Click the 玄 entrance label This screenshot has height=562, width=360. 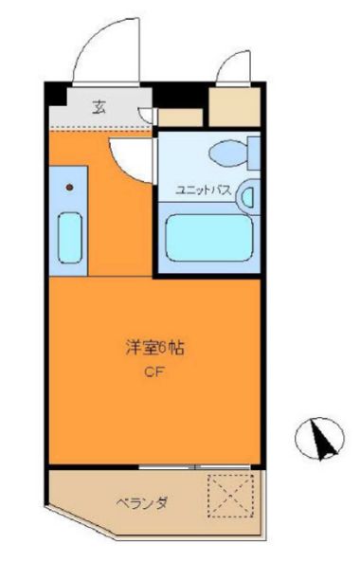99,105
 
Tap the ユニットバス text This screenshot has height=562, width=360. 203,191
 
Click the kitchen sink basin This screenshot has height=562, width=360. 69,237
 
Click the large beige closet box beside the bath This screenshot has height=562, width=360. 233,106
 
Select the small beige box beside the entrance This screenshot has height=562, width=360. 180,118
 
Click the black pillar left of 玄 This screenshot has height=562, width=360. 59,97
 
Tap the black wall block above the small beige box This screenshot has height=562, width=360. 180,99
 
